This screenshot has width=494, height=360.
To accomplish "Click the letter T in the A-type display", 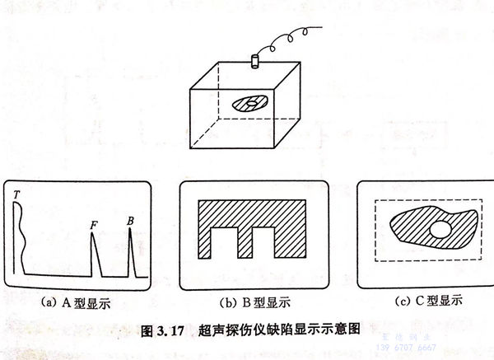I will coord(16,194).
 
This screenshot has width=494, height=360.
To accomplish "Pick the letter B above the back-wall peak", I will coord(130,220).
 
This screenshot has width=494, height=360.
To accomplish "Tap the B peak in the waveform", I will coord(130,252).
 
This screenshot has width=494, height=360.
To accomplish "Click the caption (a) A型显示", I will coord(76,303).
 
